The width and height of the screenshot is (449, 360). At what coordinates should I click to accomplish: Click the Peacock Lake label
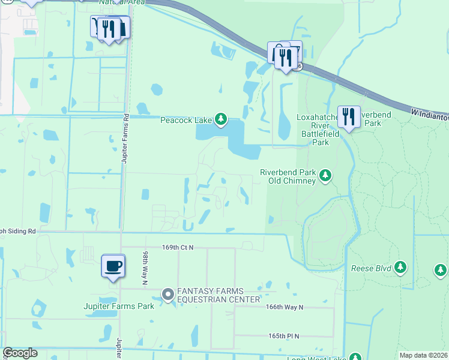click(186, 120)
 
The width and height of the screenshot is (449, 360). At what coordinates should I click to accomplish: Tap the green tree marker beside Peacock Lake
click(221, 120)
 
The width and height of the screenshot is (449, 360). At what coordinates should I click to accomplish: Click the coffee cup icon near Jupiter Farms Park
click(113, 265)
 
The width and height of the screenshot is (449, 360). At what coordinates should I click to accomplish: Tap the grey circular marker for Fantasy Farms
click(168, 294)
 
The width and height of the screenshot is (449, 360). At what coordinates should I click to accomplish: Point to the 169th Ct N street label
click(178, 247)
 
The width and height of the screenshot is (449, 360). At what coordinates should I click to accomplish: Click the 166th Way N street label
click(285, 307)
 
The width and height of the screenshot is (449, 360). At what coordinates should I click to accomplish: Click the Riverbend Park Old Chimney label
click(288, 176)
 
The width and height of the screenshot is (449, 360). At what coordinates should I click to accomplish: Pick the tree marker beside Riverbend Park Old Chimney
click(325, 175)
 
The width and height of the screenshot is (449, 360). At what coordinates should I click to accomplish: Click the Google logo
click(20, 353)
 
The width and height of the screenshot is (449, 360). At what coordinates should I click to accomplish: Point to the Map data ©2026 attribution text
click(423, 355)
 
